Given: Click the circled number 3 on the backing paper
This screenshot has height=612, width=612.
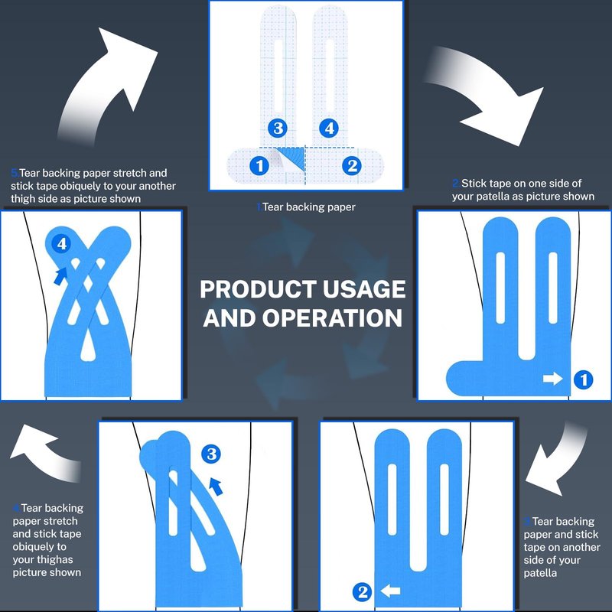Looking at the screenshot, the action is click(x=278, y=129).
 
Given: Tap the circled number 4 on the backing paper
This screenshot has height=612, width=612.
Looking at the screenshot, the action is click(x=329, y=129).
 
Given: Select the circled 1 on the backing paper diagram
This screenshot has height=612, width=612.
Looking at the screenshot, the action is click(x=259, y=166).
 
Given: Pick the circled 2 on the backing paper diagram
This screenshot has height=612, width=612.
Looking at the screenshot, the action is click(x=352, y=166).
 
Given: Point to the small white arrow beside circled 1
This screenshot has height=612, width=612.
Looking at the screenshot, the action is click(x=552, y=378).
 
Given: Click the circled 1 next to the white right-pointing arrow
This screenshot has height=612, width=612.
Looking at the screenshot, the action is click(x=584, y=379).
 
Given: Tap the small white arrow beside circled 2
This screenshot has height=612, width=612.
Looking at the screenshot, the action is click(x=390, y=591).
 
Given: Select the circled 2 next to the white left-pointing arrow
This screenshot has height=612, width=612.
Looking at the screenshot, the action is click(x=362, y=592).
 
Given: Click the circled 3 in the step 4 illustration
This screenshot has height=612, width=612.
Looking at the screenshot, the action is click(x=211, y=454).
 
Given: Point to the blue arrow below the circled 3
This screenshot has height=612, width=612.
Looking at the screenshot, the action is click(x=216, y=487).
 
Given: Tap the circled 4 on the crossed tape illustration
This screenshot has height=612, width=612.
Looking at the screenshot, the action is click(x=62, y=244).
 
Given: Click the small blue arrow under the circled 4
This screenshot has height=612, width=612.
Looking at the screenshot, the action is click(x=60, y=276).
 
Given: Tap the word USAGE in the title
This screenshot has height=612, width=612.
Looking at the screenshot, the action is click(x=364, y=289).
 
